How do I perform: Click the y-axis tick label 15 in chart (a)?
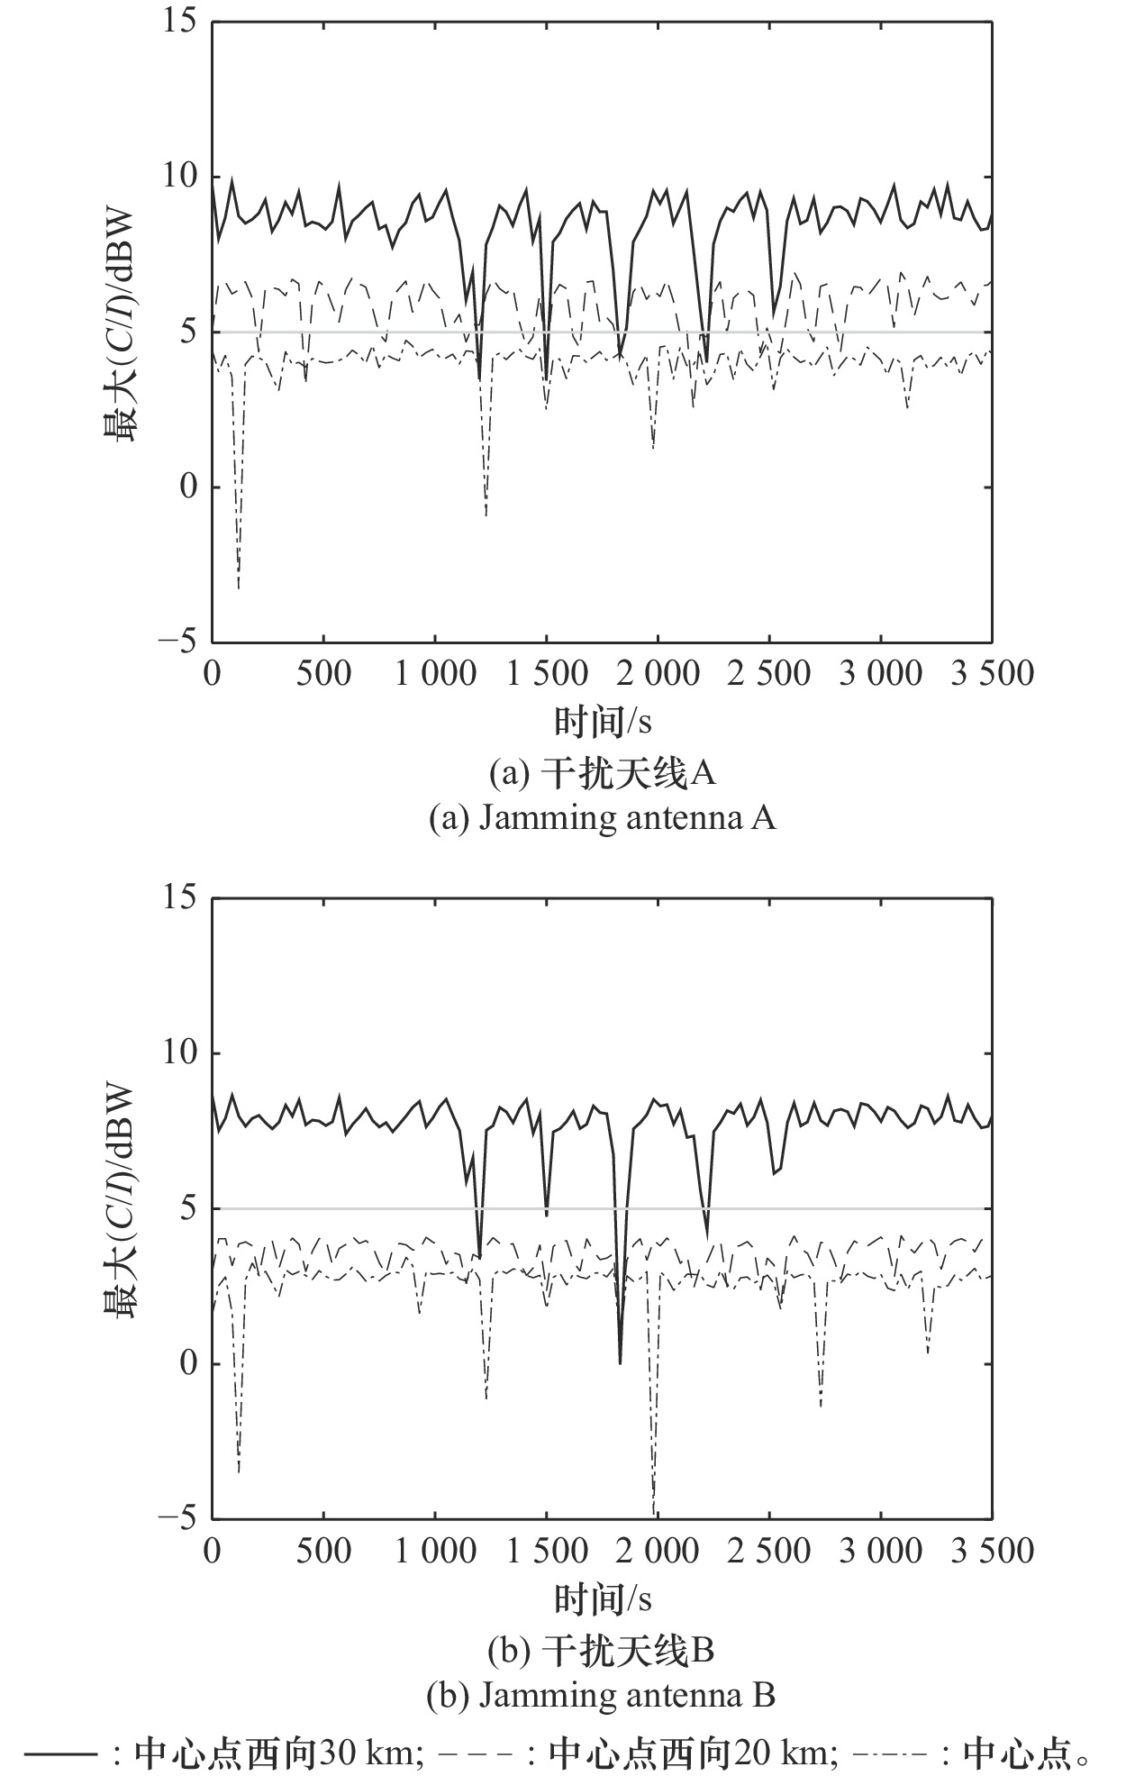coord(179,22)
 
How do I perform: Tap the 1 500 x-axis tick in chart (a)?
coord(547,673)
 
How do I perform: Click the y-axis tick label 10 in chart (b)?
coord(179,1053)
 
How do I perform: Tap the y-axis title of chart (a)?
coord(121,332)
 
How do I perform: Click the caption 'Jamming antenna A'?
coord(602,818)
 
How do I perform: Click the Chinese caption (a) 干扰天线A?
coord(602,773)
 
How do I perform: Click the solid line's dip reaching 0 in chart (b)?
coord(620,1362)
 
